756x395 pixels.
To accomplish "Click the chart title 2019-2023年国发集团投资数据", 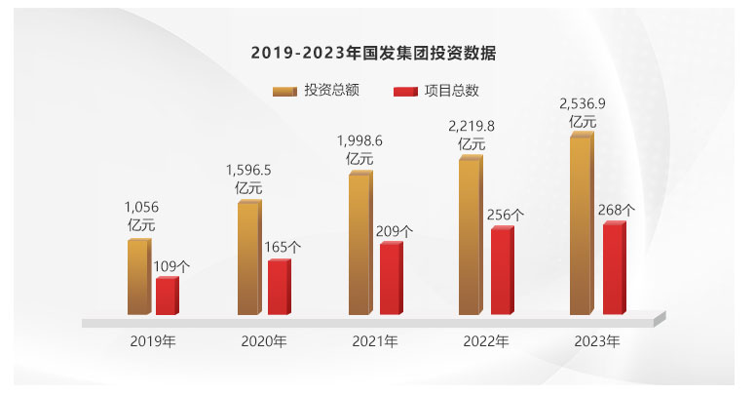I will tap(379, 52).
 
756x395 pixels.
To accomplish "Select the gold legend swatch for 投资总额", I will tap(285, 91).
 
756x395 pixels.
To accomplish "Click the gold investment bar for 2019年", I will tap(138, 277).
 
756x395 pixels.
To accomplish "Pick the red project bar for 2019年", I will tap(167, 296).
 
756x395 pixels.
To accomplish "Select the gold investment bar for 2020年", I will tap(248, 258).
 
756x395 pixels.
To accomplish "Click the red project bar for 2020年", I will tap(279, 288).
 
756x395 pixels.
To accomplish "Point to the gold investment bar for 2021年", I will tap(359, 244).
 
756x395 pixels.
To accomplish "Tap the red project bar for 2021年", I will tap(390, 279).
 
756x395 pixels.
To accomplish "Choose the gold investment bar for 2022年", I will tap(470, 236).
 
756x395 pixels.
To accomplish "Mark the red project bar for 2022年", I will tap(501, 271).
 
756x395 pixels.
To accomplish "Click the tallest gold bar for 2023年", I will tap(581, 225).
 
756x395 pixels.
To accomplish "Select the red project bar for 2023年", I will tap(613, 269).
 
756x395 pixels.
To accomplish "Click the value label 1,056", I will tap(141, 207).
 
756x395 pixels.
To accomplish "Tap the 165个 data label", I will tap(282, 247).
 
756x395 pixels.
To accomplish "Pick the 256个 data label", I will tap(504, 215).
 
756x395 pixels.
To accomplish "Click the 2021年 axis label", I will tap(375, 341).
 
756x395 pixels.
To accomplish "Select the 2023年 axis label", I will tap(596, 341).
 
